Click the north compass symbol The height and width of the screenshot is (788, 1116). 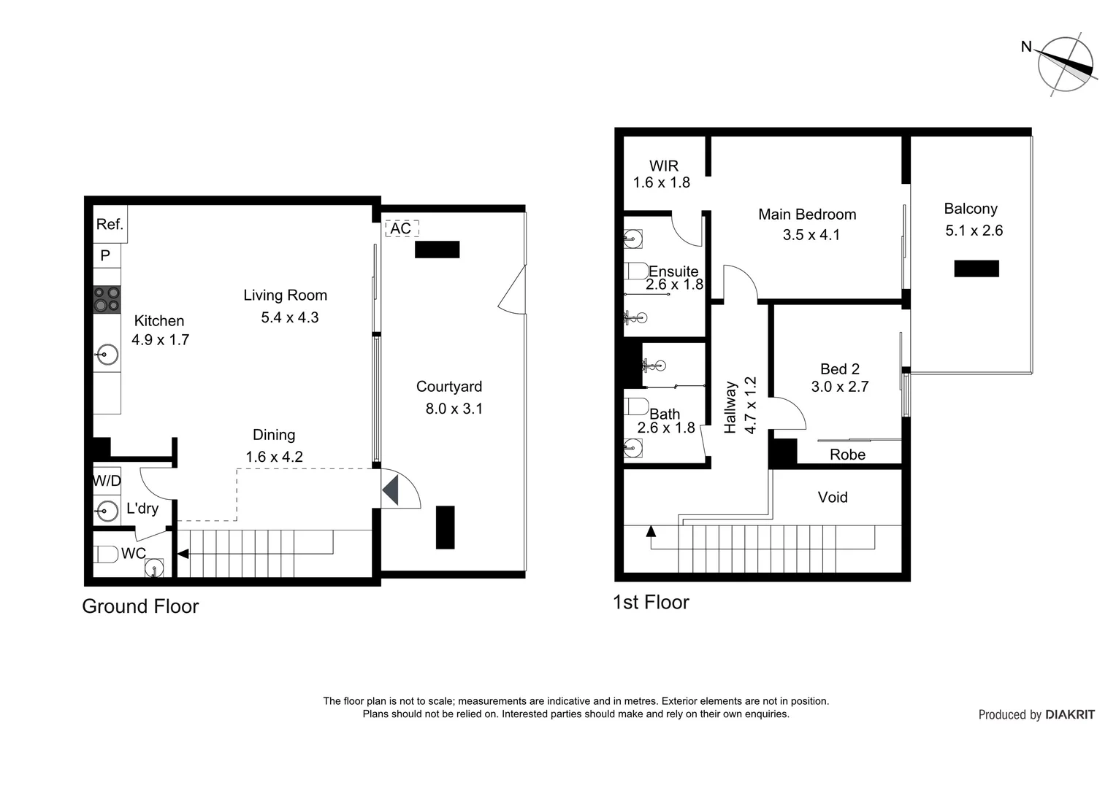(x=1065, y=65)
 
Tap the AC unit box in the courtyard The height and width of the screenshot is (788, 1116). (x=401, y=228)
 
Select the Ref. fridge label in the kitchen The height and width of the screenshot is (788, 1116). (x=110, y=224)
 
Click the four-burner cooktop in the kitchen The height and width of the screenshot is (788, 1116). (x=107, y=299)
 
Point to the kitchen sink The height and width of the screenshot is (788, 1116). (x=107, y=355)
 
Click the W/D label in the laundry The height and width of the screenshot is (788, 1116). (x=107, y=481)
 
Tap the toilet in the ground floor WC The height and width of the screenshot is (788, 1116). (x=107, y=555)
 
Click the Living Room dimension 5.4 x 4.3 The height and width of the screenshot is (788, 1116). (x=290, y=317)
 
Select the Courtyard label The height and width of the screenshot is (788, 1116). (x=449, y=387)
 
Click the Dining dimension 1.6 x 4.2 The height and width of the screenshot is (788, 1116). (x=274, y=457)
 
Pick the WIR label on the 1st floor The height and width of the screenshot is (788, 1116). (x=664, y=166)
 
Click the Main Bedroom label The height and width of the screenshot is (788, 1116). (x=807, y=215)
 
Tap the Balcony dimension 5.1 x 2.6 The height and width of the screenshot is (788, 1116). (x=974, y=231)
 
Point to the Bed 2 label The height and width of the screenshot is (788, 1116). (x=840, y=369)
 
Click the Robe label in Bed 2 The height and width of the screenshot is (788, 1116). (x=847, y=455)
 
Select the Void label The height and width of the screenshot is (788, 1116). (x=833, y=498)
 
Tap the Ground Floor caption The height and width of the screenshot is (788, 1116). (x=140, y=606)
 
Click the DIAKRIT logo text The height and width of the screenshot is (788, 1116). (x=1069, y=715)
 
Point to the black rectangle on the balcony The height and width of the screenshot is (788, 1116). (x=976, y=269)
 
